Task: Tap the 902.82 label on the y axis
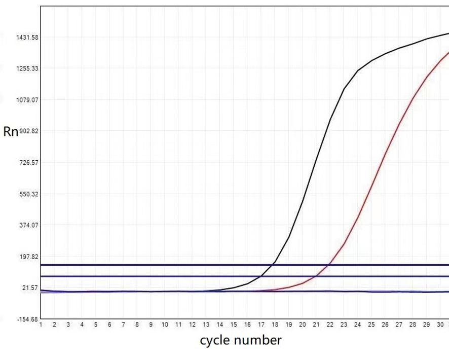[x=28, y=131]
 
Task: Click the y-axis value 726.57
[x=28, y=163]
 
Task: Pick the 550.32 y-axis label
[x=28, y=194]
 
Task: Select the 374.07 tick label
[x=28, y=225]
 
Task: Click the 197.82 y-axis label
[x=28, y=257]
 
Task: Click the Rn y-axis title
[x=11, y=132]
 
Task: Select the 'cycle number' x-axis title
[x=240, y=340]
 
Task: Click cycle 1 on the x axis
[x=41, y=325]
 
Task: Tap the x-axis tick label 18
[x=275, y=325]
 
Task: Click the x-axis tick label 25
[x=371, y=325]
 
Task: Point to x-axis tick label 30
[x=440, y=325]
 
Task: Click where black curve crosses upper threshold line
[x=274, y=265]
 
